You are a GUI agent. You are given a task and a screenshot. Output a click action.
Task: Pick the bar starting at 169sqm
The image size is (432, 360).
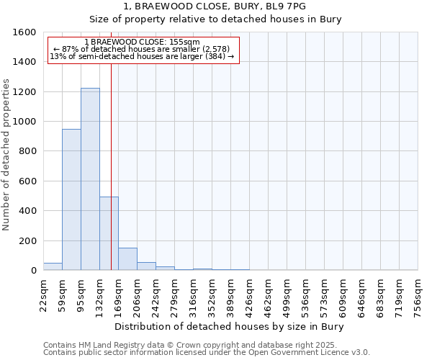127,259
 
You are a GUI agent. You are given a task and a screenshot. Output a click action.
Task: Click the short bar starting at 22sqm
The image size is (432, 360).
53,266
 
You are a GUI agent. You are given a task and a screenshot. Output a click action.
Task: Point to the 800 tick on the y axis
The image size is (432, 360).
27,151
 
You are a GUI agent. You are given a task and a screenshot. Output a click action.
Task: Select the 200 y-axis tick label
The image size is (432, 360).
27,240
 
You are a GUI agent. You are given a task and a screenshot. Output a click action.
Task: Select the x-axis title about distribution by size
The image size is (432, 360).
230,326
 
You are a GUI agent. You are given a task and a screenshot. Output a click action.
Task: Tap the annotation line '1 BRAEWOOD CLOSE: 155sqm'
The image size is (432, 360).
142,42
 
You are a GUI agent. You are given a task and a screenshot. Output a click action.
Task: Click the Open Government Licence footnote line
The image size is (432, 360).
207,353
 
